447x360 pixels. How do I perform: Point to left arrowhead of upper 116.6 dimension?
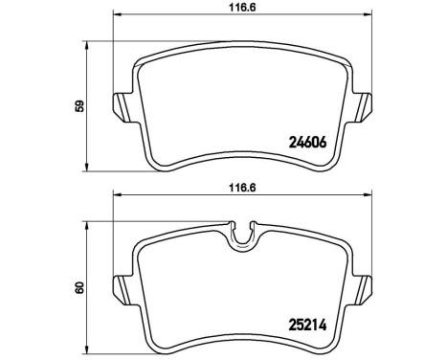(118, 15)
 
